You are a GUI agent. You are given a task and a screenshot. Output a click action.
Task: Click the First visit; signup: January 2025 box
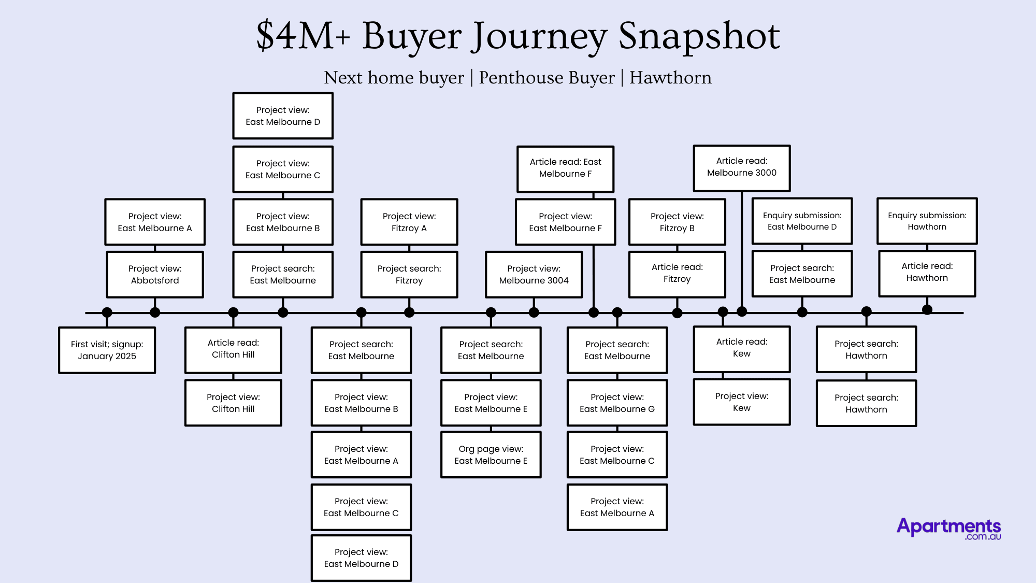point(107,350)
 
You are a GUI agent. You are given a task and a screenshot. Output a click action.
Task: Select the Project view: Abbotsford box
point(155,275)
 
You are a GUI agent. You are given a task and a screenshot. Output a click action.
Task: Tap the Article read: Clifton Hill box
point(233,349)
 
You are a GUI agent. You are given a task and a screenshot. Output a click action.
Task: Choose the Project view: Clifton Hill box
point(233,403)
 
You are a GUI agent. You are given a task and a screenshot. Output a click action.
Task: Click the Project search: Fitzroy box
point(409,275)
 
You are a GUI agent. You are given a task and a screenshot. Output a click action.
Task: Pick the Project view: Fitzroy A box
point(409,222)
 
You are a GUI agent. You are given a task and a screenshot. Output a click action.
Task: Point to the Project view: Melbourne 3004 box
point(534,275)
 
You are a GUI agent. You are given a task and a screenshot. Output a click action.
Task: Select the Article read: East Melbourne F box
point(565,168)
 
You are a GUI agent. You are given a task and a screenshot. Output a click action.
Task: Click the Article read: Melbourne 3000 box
point(742,167)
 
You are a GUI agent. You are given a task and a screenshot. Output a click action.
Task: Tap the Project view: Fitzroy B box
point(677,222)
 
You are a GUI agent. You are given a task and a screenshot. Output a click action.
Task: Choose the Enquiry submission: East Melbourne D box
point(802,221)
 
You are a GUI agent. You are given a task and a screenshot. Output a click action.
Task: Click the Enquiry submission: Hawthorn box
point(927,221)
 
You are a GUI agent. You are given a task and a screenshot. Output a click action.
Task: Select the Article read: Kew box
point(742,348)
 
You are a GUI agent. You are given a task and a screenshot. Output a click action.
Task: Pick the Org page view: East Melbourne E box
point(491,455)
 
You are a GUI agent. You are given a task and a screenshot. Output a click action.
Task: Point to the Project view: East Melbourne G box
point(617,403)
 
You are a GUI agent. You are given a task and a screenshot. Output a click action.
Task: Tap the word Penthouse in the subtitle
point(546,78)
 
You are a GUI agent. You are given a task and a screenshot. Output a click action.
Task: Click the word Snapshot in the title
point(699,36)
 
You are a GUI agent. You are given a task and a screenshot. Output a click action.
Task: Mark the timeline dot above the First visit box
point(107,312)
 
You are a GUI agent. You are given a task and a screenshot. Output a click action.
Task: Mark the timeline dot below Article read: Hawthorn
point(927,310)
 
